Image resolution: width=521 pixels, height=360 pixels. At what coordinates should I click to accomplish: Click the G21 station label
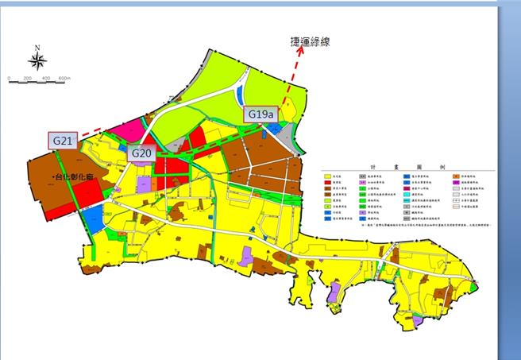tap(63, 140)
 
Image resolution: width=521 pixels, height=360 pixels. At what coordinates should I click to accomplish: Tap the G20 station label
tap(141, 153)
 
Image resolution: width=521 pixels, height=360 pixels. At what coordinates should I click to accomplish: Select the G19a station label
tap(260, 114)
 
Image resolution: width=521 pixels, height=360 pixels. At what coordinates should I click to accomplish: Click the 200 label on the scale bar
tap(27, 79)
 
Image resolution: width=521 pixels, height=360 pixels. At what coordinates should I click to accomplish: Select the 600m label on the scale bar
tap(64, 79)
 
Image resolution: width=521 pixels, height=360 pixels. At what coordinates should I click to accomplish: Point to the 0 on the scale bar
tap(8, 79)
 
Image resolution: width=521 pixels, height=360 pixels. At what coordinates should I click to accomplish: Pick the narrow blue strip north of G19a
tap(241, 97)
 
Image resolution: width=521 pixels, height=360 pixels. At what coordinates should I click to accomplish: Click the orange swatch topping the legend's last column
tap(454, 176)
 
